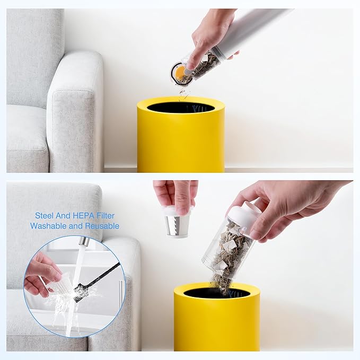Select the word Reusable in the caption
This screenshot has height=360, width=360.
click(x=102, y=226)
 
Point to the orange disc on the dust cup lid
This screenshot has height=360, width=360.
click(x=180, y=72)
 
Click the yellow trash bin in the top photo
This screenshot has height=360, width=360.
click(x=181, y=135)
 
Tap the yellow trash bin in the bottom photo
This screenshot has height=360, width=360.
click(x=217, y=318)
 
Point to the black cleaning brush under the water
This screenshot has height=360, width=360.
click(x=96, y=283)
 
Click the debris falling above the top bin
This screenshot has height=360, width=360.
click(x=183, y=94)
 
